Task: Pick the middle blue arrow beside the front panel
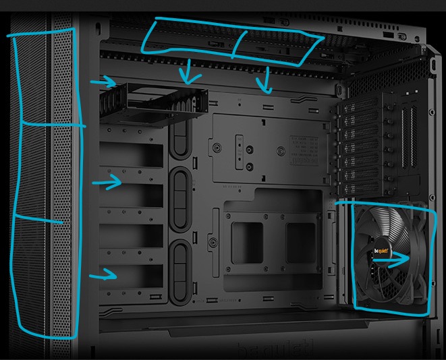107,181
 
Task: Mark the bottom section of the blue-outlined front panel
46,276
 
